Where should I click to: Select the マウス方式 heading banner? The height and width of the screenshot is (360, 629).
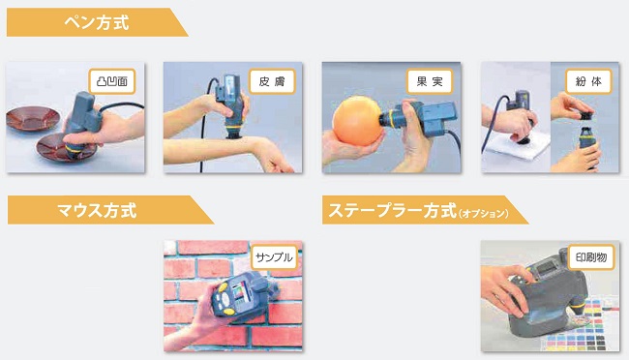click(110, 210)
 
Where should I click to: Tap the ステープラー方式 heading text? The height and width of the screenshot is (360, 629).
click(392, 210)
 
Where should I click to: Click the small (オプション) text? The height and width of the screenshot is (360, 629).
click(484, 213)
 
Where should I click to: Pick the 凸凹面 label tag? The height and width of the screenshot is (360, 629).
click(112, 81)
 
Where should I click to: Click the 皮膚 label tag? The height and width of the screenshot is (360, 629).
click(272, 81)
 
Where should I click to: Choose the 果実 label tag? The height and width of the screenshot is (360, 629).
click(430, 81)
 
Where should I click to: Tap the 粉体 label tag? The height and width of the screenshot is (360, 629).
click(588, 81)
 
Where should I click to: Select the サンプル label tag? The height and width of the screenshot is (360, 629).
click(275, 256)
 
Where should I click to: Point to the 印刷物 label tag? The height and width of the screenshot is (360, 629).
click(591, 256)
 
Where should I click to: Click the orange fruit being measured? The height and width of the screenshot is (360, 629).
click(356, 120)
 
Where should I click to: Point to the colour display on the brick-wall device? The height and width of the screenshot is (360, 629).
click(242, 291)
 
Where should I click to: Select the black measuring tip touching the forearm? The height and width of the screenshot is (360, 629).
click(234, 135)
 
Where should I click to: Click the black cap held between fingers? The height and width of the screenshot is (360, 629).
click(585, 115)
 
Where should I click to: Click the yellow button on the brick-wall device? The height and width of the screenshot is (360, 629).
click(227, 311)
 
